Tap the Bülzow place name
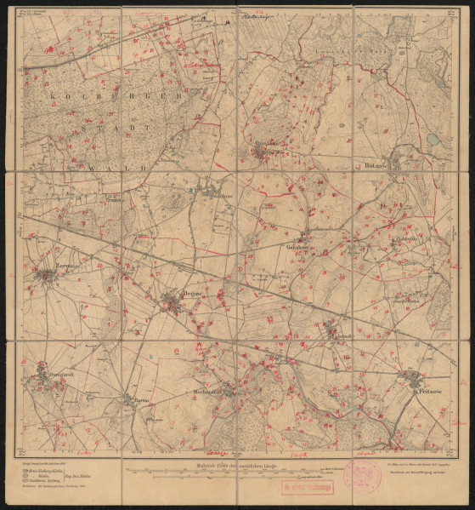coord(375,158)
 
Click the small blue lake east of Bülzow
coord(434,138)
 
